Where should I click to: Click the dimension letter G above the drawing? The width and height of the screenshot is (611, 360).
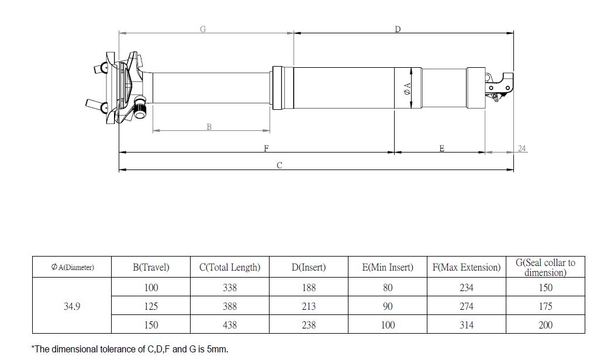(x=203, y=29)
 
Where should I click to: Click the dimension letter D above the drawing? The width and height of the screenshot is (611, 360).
(x=398, y=29)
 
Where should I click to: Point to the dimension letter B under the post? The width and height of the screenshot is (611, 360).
(x=209, y=127)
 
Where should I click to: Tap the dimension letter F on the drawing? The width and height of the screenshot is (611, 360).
(x=266, y=148)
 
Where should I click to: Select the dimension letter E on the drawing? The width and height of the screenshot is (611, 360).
(x=441, y=148)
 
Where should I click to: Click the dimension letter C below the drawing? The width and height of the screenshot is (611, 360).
(x=279, y=165)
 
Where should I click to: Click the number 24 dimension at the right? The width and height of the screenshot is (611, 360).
(x=522, y=148)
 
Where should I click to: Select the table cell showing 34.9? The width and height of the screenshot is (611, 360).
(x=71, y=306)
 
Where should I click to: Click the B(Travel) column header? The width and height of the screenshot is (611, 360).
(x=151, y=268)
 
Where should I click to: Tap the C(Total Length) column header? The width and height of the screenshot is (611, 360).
(x=230, y=268)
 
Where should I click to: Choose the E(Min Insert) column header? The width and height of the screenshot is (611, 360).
(x=388, y=268)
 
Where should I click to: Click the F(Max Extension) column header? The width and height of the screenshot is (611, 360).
(x=467, y=268)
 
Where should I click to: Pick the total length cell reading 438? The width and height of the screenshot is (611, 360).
(x=230, y=325)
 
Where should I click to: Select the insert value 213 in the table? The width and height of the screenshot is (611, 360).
(x=309, y=306)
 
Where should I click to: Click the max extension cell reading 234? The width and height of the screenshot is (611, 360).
(x=467, y=288)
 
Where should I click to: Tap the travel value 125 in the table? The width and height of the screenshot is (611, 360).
(x=151, y=306)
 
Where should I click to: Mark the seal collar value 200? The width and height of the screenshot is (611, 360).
(x=545, y=325)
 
